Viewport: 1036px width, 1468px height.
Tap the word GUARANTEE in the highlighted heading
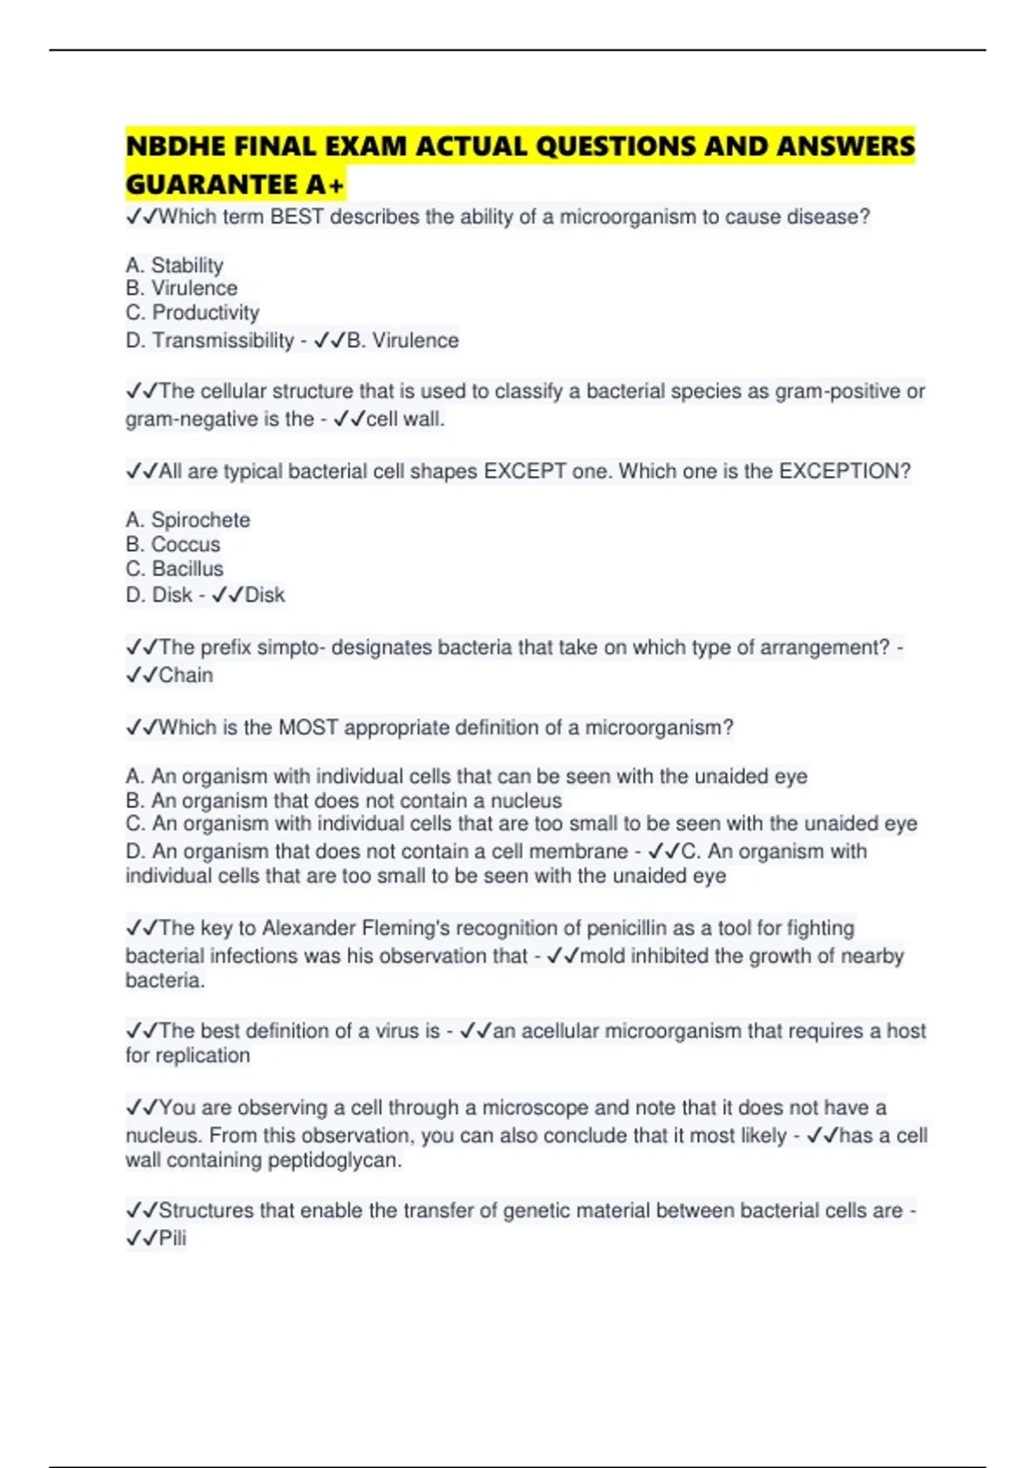pos(212,184)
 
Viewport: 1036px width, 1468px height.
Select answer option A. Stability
pos(174,265)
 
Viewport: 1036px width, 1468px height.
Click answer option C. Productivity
pos(193,313)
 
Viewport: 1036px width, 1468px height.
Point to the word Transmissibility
pos(223,340)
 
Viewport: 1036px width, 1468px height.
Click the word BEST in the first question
pos(297,217)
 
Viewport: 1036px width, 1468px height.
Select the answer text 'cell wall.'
pos(405,419)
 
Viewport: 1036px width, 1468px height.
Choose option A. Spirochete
pos(188,520)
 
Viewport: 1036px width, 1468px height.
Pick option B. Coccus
pos(173,544)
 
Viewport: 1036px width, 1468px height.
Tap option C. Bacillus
pos(174,568)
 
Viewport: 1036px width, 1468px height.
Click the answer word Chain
pos(186,675)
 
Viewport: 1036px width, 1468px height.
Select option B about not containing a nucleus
pos(344,800)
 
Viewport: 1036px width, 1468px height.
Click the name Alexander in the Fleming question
pos(308,928)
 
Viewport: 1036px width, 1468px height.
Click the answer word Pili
pos(172,1238)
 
